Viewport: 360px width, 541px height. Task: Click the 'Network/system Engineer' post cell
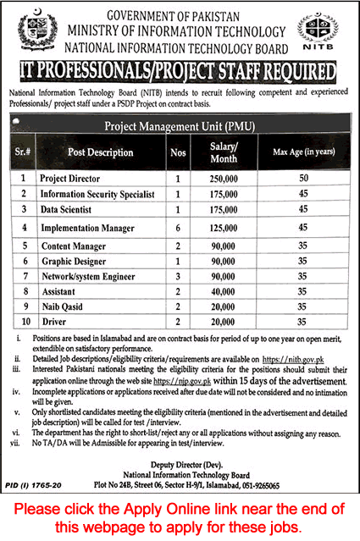coord(88,276)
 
